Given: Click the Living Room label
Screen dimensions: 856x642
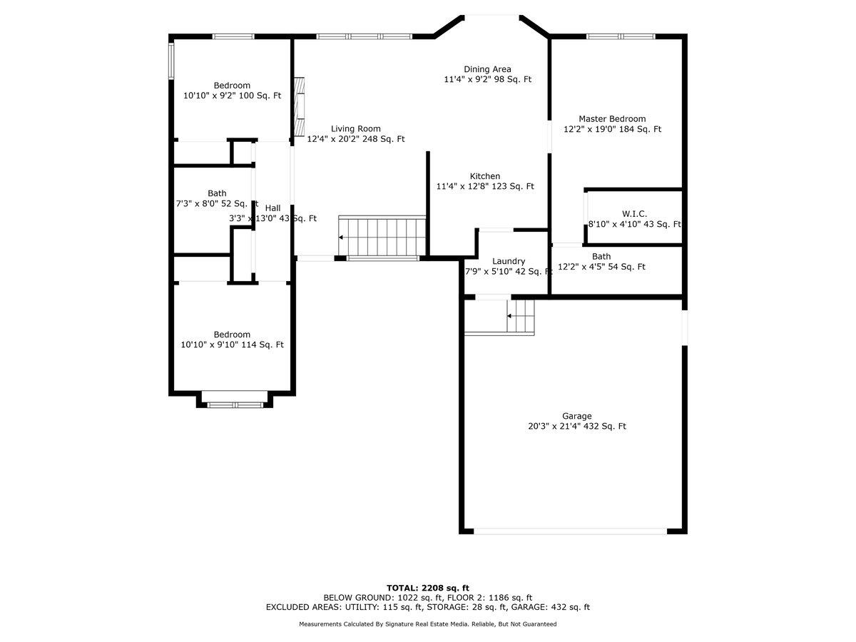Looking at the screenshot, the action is point(355,128).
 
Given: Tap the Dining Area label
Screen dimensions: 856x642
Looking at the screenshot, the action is point(487,69).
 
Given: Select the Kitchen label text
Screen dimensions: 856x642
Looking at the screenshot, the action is point(485,176).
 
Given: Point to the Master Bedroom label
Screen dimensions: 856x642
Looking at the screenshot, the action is point(612,119).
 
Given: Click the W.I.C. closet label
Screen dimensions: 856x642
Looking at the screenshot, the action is point(634,214).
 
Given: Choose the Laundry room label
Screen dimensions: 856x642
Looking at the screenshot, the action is point(508,261).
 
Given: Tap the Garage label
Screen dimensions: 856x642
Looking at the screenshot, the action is point(577,416).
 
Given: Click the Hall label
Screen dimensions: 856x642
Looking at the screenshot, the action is point(272,208).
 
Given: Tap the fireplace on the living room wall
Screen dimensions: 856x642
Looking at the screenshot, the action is point(299,106).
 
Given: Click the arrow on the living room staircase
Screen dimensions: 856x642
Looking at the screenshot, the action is point(341,238).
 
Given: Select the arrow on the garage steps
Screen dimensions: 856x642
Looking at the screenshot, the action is point(509,316).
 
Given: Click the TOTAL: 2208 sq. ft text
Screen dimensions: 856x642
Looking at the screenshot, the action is point(428,588).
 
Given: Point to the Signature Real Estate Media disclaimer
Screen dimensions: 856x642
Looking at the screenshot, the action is point(428,624).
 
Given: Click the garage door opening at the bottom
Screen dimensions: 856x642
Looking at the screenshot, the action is point(570,531).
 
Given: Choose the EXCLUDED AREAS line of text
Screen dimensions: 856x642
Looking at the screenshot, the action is point(428,607).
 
